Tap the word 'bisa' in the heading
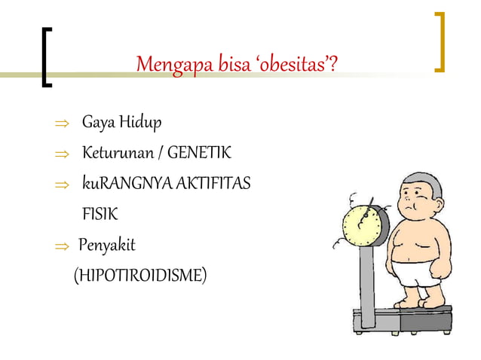(234, 66)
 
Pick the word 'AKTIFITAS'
(214, 185)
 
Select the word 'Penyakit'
(107, 246)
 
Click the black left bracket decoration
(45, 57)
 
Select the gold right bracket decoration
(440, 41)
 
